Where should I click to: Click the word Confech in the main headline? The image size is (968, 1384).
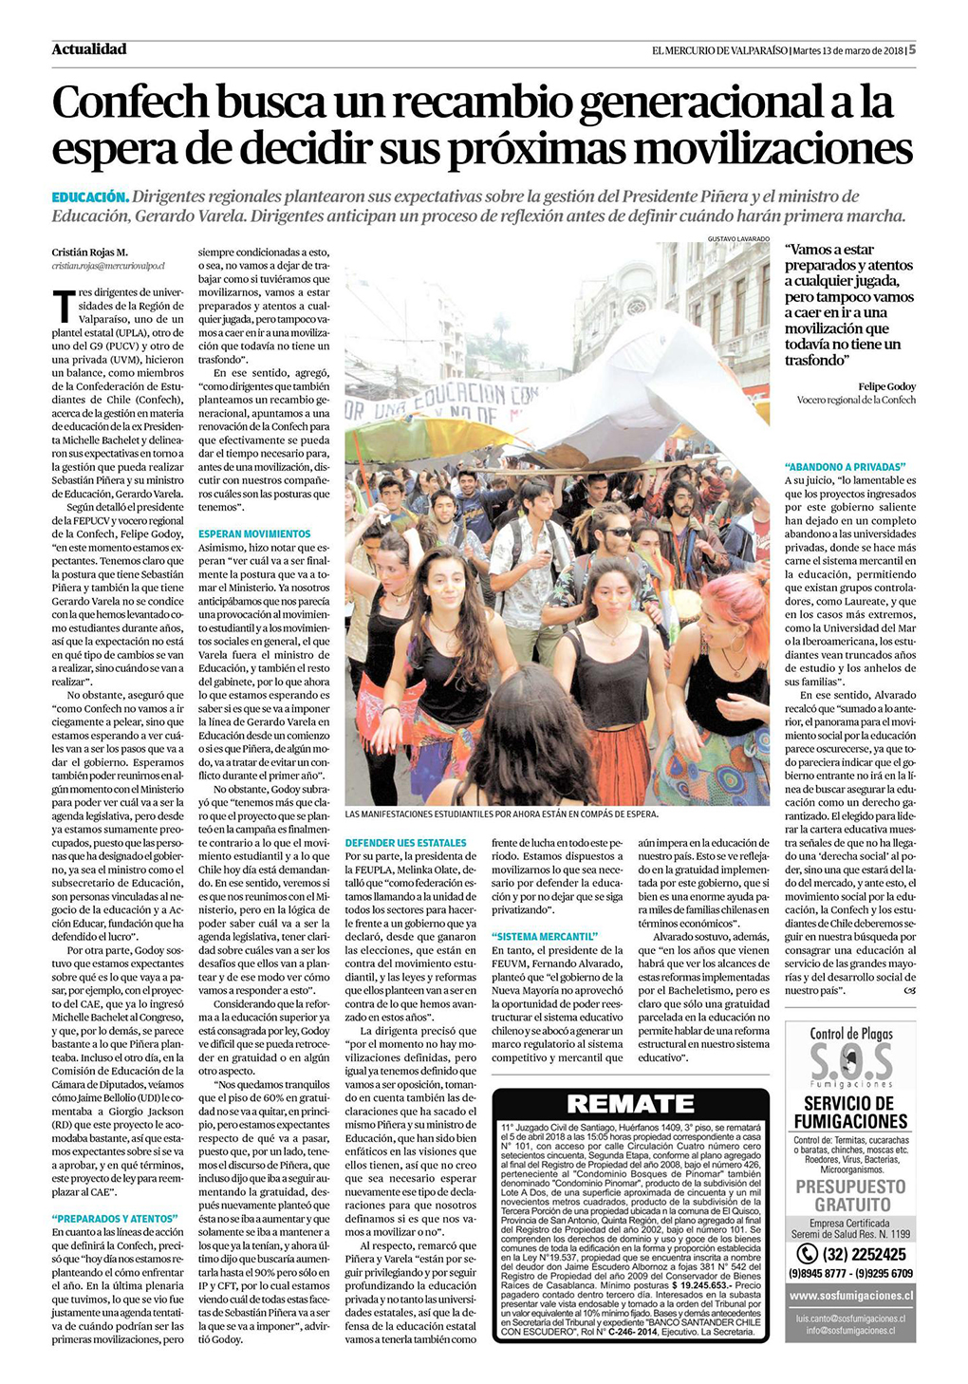coord(129,103)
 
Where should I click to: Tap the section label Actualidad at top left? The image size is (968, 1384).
coord(89,49)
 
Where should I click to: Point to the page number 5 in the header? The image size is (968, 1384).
coord(912,50)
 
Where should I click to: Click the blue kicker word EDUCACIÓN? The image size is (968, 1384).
coord(89,197)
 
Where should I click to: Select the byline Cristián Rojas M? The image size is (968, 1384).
coord(89,252)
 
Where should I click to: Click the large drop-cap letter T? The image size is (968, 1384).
coord(63,306)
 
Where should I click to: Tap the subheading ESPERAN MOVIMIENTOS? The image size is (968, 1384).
coord(254,534)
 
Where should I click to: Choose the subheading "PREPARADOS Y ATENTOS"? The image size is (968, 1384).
coord(115,1218)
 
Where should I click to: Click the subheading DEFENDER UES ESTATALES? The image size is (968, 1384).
coord(406,843)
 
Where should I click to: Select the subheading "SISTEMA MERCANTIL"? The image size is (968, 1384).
coord(545,937)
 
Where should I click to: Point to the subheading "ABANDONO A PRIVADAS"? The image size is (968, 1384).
coord(846,467)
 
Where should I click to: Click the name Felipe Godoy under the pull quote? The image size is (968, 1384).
coord(887,386)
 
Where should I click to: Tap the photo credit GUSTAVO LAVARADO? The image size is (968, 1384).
coord(738,238)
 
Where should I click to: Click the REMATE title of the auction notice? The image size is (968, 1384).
coord(630,1104)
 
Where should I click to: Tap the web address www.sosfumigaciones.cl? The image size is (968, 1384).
coord(850,1295)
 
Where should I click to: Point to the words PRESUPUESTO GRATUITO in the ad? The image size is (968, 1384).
coord(850,1195)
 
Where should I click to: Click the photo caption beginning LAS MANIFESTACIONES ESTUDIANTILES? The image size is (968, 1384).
coord(501,814)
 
